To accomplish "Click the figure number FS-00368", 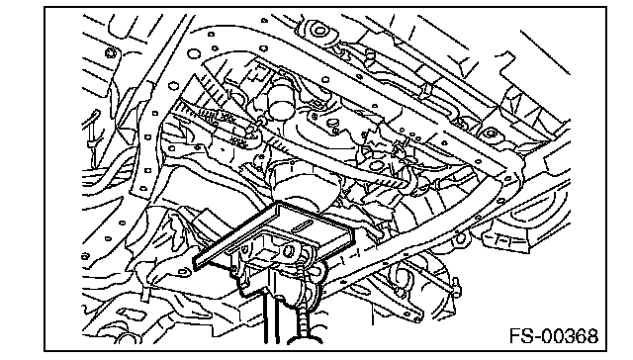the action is (554, 336).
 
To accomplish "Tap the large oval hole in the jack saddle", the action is (288, 250).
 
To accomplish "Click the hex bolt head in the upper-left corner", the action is (110, 52).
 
